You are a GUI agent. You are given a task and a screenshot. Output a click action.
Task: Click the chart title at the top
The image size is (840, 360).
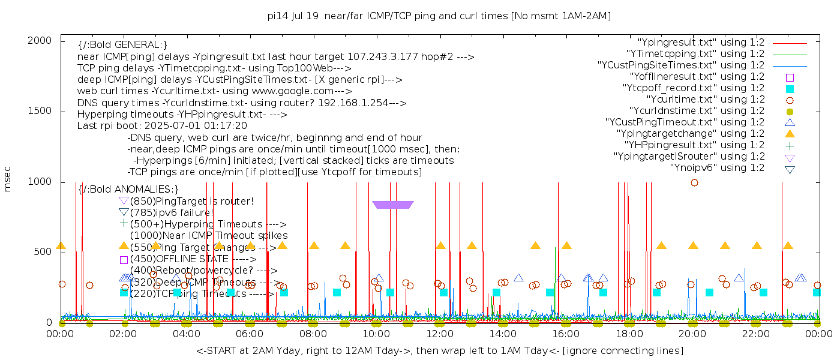coord(439,16)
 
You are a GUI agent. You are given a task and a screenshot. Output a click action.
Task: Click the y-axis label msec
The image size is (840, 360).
coord(8,179)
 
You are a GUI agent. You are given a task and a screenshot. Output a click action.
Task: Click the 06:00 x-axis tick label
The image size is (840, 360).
coord(250,334)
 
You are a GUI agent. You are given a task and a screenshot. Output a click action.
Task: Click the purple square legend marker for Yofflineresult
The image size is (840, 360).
coord(790,77)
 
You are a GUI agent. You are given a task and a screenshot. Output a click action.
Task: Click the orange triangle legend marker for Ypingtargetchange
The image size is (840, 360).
coord(790,134)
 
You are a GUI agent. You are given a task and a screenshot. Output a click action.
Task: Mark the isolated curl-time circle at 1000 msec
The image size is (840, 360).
coord(694,182)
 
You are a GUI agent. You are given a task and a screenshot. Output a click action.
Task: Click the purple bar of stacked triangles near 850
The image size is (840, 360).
coord(392,205)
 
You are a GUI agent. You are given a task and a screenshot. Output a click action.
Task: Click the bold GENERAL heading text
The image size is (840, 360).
coord(122,45)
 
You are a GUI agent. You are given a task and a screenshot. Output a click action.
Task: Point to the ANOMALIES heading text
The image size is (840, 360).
coord(128,190)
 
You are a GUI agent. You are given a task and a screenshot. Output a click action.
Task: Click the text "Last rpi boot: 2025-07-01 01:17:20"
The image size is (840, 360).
coord(162,126)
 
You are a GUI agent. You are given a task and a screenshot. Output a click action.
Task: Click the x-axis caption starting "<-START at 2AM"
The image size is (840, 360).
coord(439,350)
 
